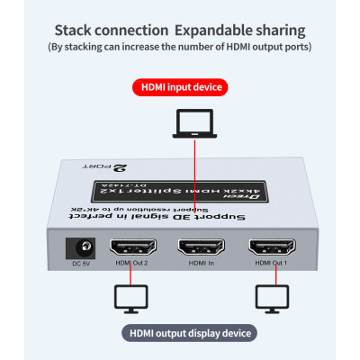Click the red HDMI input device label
click(x=180, y=87)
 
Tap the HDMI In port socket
click(x=200, y=247)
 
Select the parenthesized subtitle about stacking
click(x=180, y=46)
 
